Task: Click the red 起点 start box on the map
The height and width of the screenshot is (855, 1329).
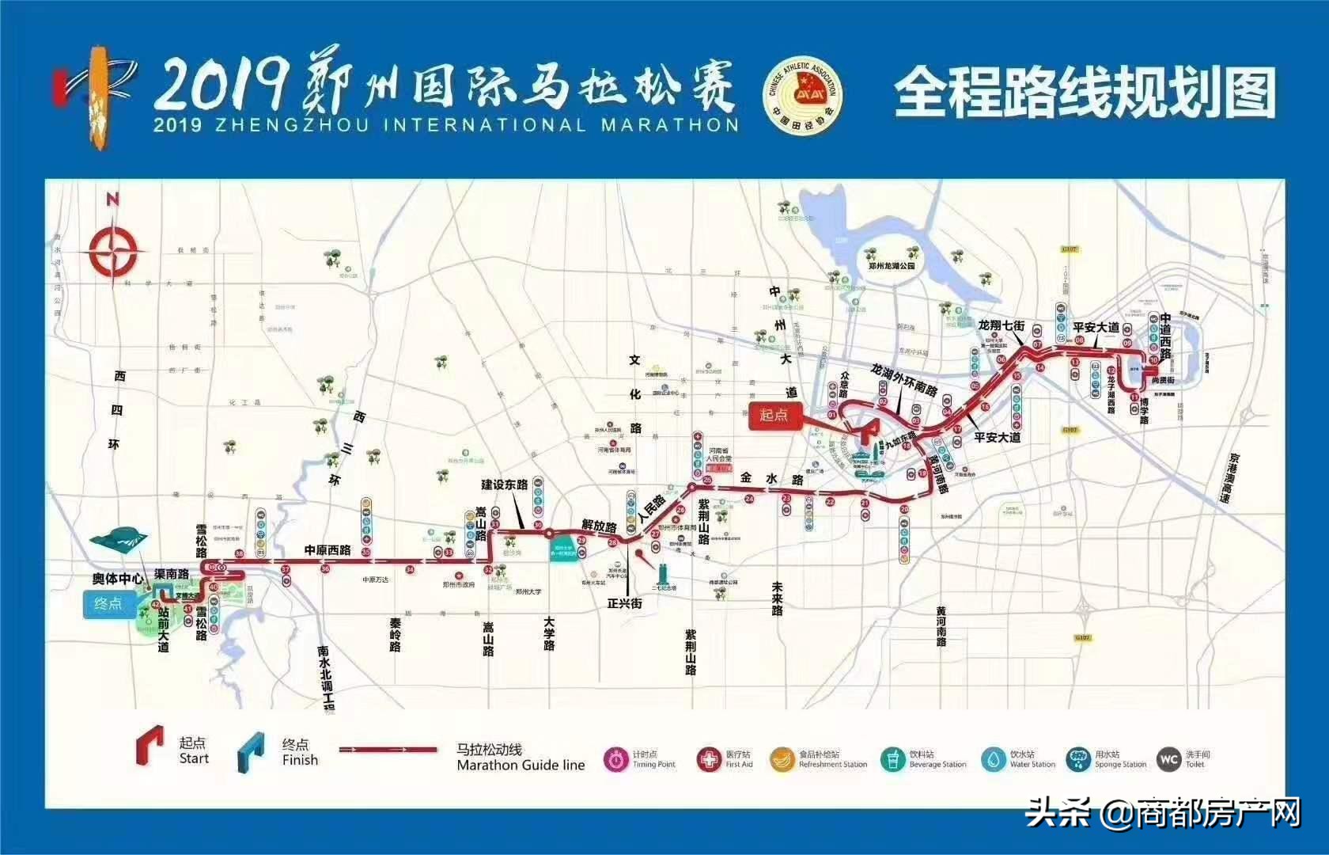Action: pyautogui.click(x=774, y=415)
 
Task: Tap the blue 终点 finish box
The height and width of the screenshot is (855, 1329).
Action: pyautogui.click(x=108, y=604)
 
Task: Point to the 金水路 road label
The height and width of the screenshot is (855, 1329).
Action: pyautogui.click(x=771, y=480)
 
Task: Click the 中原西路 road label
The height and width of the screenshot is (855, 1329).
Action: pyautogui.click(x=328, y=550)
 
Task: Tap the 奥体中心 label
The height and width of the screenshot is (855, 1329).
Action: pyautogui.click(x=117, y=579)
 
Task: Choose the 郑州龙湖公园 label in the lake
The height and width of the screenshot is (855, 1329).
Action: pyautogui.click(x=892, y=266)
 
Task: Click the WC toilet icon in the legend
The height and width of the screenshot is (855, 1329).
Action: pyautogui.click(x=1168, y=759)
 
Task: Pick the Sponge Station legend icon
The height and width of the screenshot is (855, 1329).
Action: pyautogui.click(x=1077, y=759)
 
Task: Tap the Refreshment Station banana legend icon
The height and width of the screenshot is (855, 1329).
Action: pyautogui.click(x=782, y=759)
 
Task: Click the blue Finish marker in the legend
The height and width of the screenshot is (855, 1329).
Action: pyautogui.click(x=252, y=751)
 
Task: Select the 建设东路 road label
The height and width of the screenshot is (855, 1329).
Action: pyautogui.click(x=505, y=484)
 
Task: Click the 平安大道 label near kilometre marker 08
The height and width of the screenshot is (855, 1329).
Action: pyautogui.click(x=1096, y=327)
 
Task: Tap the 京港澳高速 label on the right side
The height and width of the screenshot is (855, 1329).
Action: pyautogui.click(x=1225, y=478)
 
